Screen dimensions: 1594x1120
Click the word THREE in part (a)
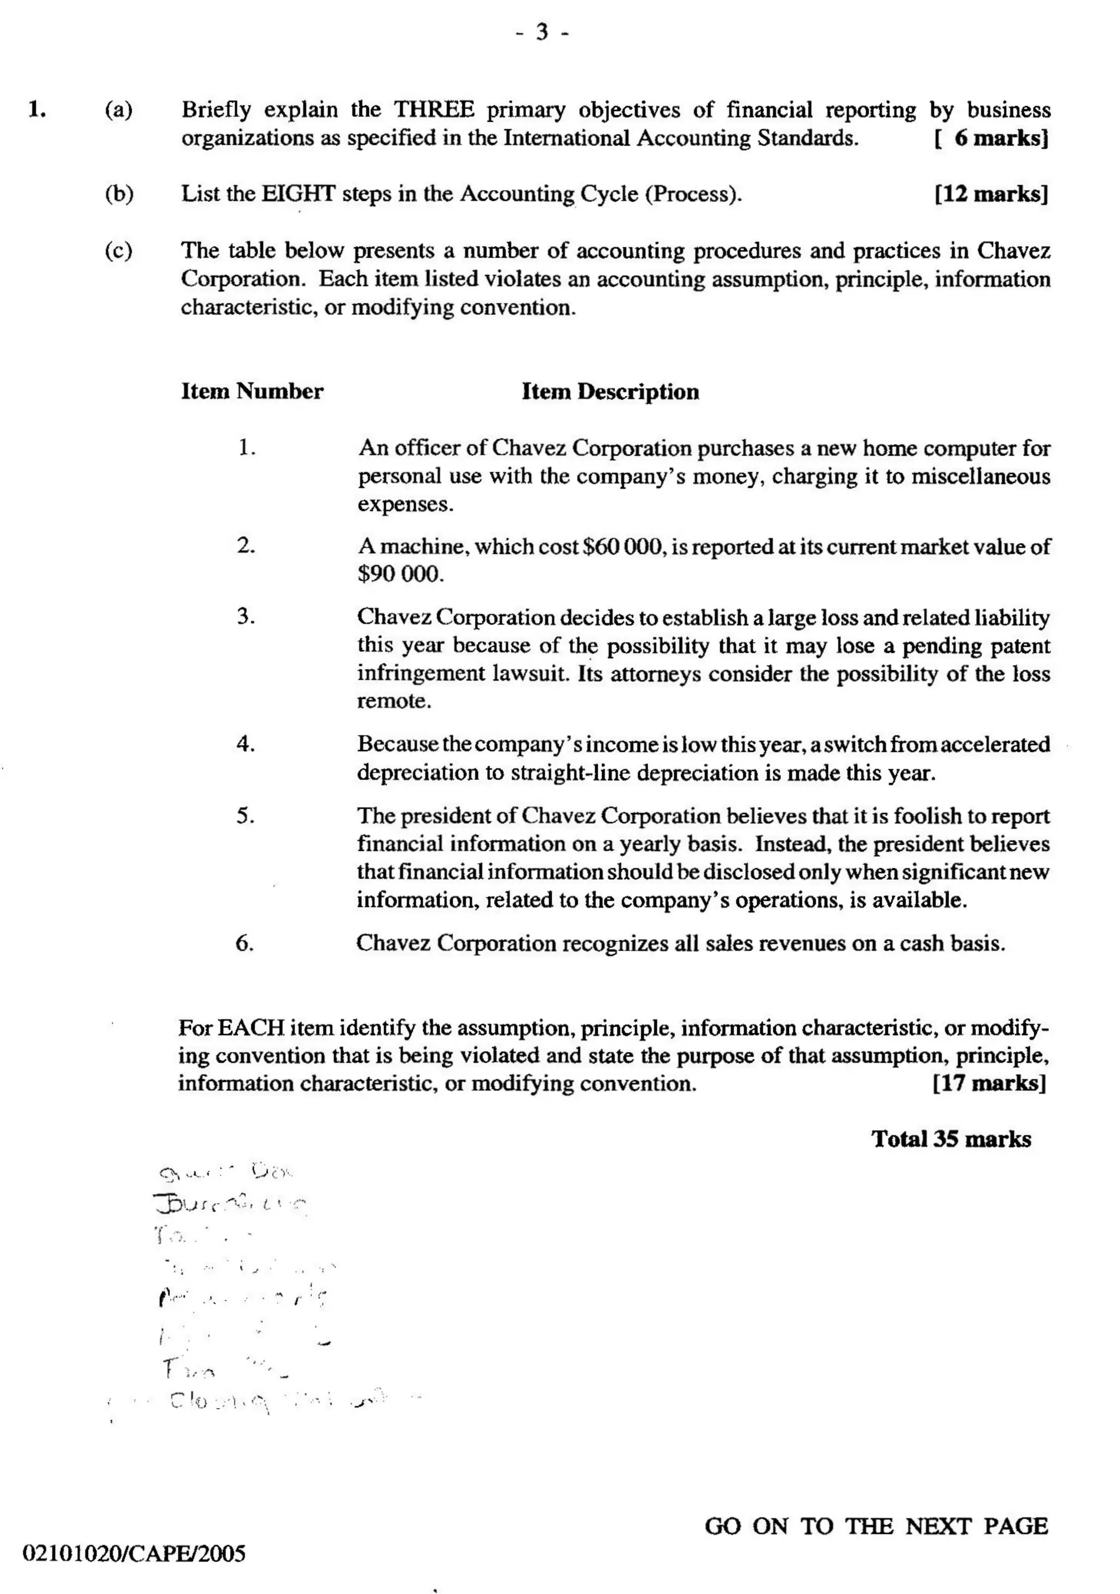click(434, 110)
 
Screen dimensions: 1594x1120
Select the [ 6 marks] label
click(991, 138)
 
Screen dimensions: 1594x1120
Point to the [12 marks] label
click(991, 194)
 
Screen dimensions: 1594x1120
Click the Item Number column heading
click(252, 392)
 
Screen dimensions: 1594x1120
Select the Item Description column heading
click(610, 392)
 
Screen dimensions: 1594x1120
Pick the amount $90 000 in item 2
click(399, 575)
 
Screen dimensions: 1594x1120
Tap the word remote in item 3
click(394, 701)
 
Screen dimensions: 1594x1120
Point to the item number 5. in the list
click(245, 816)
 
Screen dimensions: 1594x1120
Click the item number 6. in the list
click(244, 943)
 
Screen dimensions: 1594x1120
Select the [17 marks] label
click(989, 1083)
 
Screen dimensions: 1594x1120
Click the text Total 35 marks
click(950, 1139)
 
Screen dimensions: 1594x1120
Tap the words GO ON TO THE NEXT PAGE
click(876, 1526)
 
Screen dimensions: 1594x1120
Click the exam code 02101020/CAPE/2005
click(135, 1554)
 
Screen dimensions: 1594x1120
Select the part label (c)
click(119, 250)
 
